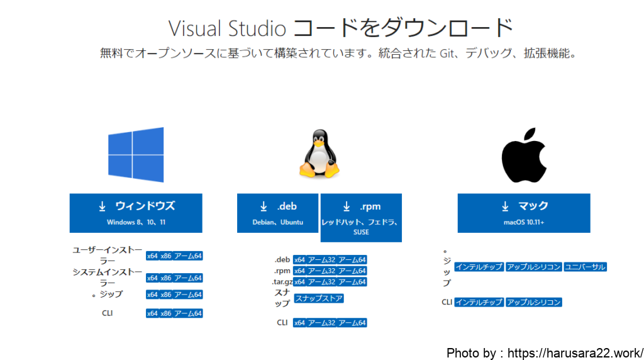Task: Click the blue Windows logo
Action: (136, 155)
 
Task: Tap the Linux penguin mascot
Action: (319, 154)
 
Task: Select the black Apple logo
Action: (524, 155)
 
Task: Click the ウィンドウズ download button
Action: (136, 213)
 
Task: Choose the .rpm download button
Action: (361, 218)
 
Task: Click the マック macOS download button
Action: (524, 213)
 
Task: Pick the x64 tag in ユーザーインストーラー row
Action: (152, 256)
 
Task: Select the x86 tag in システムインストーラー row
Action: (166, 278)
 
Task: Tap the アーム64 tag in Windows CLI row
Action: (187, 313)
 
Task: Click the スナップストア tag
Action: (319, 298)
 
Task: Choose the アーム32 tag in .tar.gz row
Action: (321, 282)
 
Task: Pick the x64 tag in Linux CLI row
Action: (299, 323)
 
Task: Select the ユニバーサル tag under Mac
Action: (585, 267)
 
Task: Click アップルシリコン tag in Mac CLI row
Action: (533, 302)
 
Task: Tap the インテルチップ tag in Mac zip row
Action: (479, 267)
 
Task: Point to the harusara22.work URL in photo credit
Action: (575, 353)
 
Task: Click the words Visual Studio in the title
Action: (227, 29)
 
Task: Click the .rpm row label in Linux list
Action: (282, 271)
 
